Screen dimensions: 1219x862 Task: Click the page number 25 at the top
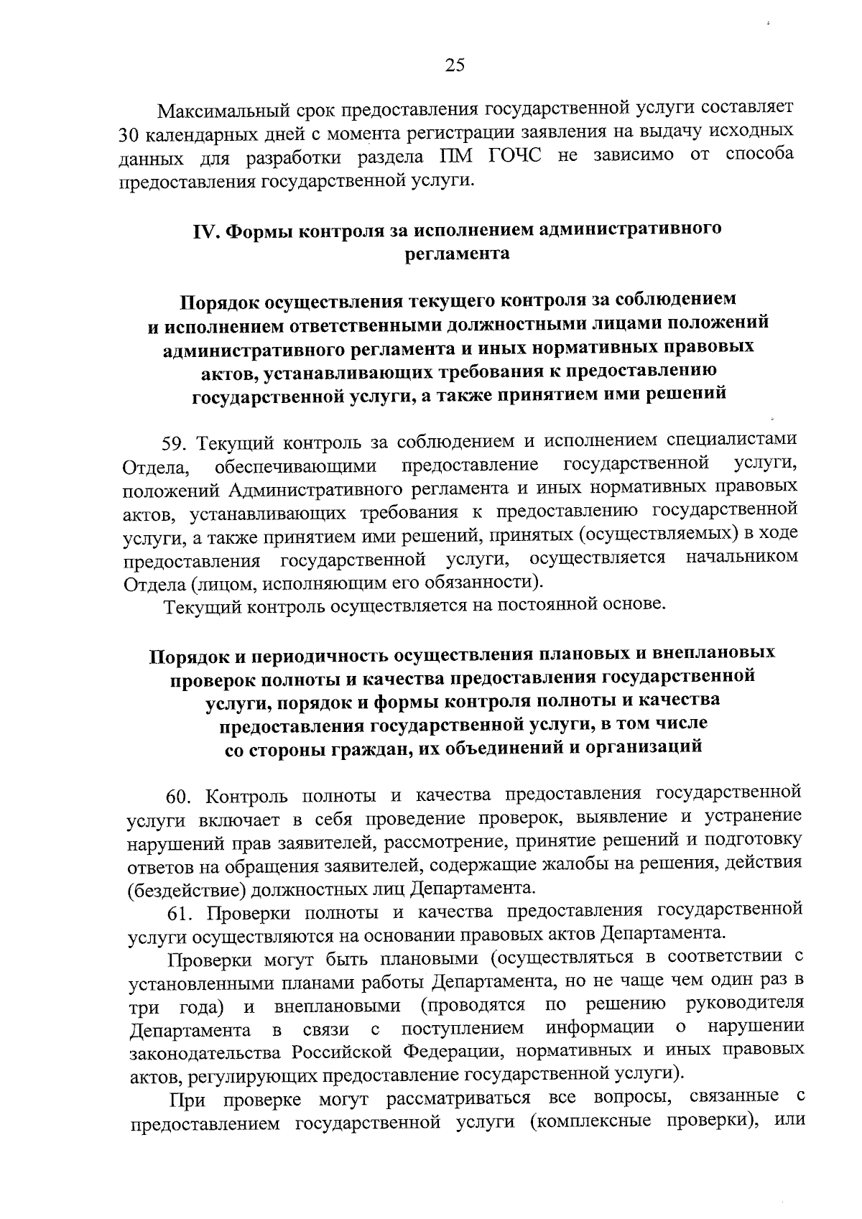coord(455,65)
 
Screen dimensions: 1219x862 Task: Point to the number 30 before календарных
coord(130,136)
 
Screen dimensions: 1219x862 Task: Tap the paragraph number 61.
coord(181,914)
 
